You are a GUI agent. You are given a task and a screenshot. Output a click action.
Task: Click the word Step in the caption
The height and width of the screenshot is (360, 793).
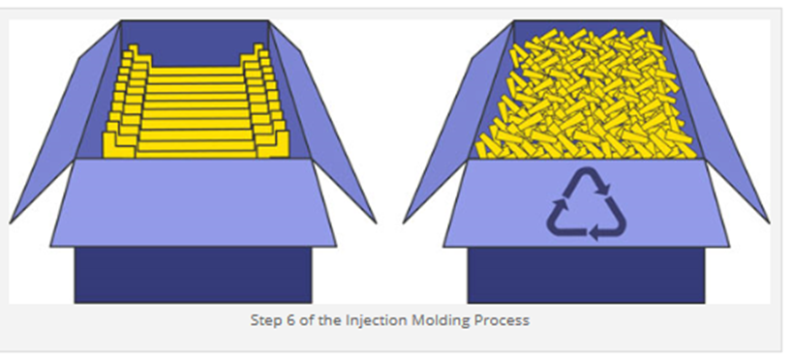click(262, 320)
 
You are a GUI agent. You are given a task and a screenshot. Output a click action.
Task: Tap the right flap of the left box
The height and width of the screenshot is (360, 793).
click(324, 127)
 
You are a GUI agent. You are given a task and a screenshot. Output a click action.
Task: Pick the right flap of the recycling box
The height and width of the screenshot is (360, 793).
click(717, 127)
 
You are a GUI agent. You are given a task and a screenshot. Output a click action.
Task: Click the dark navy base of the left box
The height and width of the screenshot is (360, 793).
click(193, 275)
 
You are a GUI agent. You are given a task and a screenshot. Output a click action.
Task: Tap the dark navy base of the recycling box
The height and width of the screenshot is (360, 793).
click(586, 275)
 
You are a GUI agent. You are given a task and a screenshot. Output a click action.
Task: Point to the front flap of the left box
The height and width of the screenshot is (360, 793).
click(193, 203)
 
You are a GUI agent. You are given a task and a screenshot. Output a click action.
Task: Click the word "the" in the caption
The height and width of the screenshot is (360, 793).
click(331, 320)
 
